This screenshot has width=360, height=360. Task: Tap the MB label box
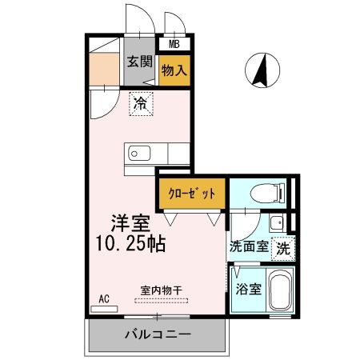174,46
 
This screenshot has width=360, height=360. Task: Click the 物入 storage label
174,70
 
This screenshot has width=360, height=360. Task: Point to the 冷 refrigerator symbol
141,103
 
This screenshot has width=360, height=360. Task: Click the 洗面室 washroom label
249,247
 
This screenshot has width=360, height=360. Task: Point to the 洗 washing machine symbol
282,248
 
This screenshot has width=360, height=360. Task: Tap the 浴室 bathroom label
248,289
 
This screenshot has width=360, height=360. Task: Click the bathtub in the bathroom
280,293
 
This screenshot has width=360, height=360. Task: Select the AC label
103,298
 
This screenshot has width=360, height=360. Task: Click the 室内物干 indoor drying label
161,290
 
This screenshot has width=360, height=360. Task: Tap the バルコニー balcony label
157,333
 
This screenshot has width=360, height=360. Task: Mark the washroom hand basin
277,223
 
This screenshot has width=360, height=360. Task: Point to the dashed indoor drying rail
161,302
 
